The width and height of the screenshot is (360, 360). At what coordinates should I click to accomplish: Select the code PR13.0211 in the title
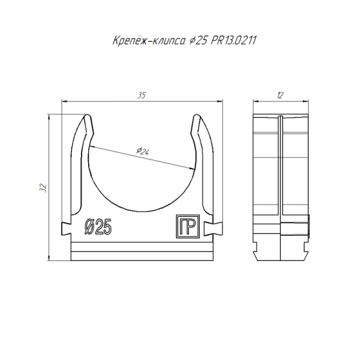tap(229, 41)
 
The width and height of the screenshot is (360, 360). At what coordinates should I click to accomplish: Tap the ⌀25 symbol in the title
tap(199, 41)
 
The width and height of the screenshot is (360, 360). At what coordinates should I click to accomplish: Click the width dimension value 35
tap(142, 95)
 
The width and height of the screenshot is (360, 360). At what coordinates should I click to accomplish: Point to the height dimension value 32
tap(43, 188)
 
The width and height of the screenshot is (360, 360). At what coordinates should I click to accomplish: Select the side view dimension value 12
tap(280, 95)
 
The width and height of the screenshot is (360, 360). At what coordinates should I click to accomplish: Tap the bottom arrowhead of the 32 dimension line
tap(49, 259)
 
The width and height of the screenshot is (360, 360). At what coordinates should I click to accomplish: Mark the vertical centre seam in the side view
tap(280, 180)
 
